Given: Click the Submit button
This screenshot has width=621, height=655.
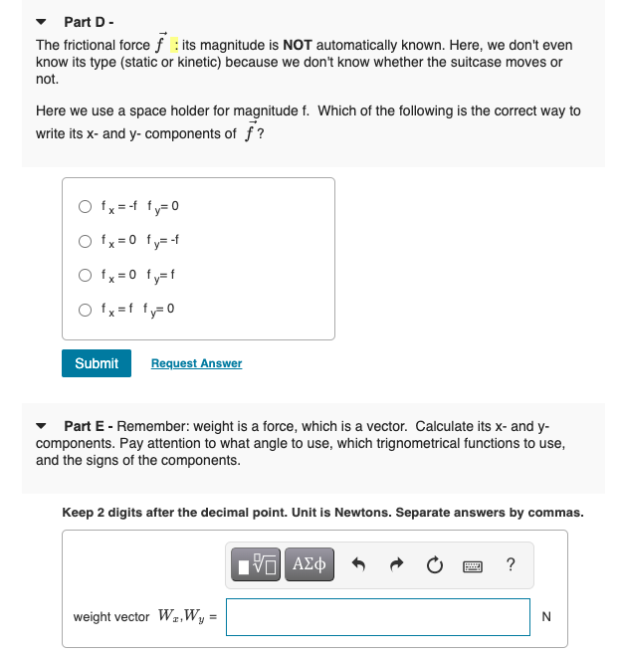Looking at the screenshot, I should [x=97, y=363].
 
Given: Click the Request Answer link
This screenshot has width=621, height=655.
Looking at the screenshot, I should [x=196, y=363].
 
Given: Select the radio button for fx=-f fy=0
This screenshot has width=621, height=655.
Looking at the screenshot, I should [x=87, y=207].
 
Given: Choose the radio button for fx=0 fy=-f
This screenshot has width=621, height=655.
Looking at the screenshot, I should [x=87, y=240].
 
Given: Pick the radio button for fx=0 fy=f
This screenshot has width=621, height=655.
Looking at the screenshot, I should [x=87, y=273].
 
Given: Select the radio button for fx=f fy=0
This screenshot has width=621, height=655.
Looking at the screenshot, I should [x=87, y=308].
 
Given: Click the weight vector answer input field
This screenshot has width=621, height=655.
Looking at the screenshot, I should [x=378, y=617].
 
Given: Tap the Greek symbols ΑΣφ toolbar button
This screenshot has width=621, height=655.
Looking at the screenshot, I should [x=310, y=565].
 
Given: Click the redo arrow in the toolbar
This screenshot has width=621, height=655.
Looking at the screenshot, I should [x=396, y=565].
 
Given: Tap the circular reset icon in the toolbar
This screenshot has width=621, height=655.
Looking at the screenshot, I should [x=434, y=565].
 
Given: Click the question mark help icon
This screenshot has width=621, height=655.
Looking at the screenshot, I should [x=510, y=565].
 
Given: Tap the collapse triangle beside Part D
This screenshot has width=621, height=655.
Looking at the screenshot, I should [x=41, y=21].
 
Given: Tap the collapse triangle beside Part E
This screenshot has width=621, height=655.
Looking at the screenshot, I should [x=41, y=425].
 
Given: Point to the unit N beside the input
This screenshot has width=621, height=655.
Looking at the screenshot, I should [x=546, y=617].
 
